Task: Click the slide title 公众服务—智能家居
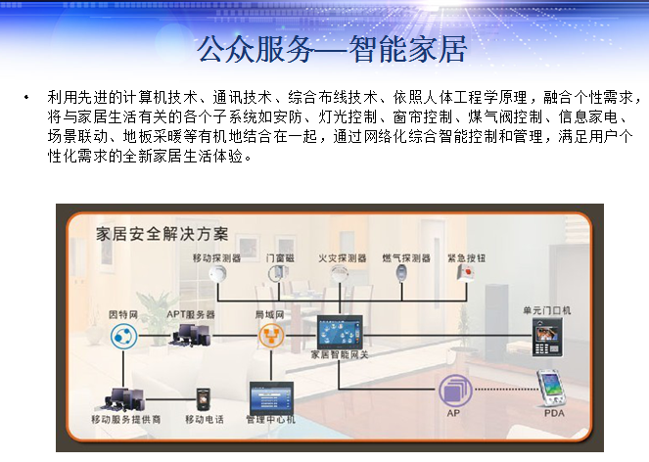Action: click(x=332, y=49)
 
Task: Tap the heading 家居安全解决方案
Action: click(x=162, y=234)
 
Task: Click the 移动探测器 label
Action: click(x=217, y=258)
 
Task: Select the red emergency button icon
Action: click(x=466, y=273)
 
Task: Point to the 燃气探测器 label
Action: click(x=406, y=258)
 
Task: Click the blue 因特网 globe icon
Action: click(x=123, y=336)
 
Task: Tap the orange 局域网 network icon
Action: click(x=271, y=336)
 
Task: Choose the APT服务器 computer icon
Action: click(x=190, y=335)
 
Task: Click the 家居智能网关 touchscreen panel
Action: click(x=340, y=332)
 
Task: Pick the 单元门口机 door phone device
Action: click(x=547, y=338)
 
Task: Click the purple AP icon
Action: click(x=455, y=390)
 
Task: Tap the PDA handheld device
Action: click(x=551, y=388)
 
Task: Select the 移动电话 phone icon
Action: click(x=204, y=399)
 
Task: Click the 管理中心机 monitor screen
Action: click(x=271, y=397)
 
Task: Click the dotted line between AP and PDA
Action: click(x=505, y=390)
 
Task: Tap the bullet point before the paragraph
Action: click(x=26, y=98)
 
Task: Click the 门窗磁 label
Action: click(x=280, y=258)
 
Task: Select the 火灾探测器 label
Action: click(x=342, y=258)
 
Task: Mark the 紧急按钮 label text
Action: click(x=467, y=258)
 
